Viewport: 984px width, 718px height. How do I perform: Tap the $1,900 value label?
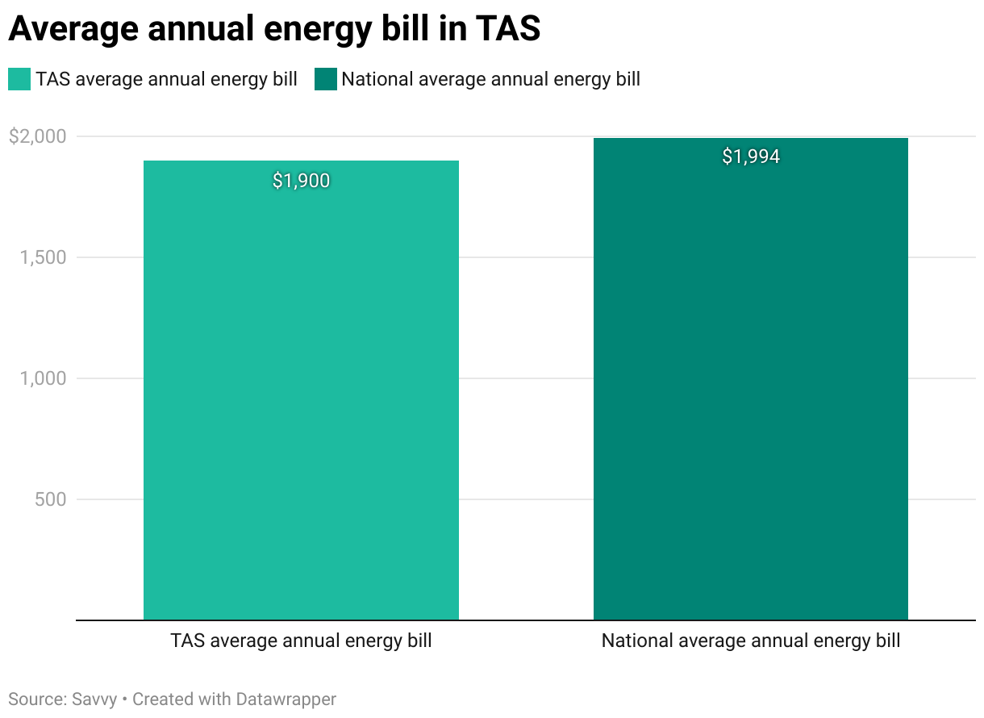301,181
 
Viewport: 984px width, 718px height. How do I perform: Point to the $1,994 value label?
751,157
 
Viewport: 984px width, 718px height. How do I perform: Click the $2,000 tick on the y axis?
37,136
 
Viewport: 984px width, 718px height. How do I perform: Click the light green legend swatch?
19,79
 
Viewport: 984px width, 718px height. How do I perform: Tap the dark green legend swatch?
325,79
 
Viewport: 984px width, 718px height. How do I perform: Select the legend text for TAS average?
166,79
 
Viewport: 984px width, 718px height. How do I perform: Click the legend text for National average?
490,79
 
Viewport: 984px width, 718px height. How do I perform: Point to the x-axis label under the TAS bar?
301,641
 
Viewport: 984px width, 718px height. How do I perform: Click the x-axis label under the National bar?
751,641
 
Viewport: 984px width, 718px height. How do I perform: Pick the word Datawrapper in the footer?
286,699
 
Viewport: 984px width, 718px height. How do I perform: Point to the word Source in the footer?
34,699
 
